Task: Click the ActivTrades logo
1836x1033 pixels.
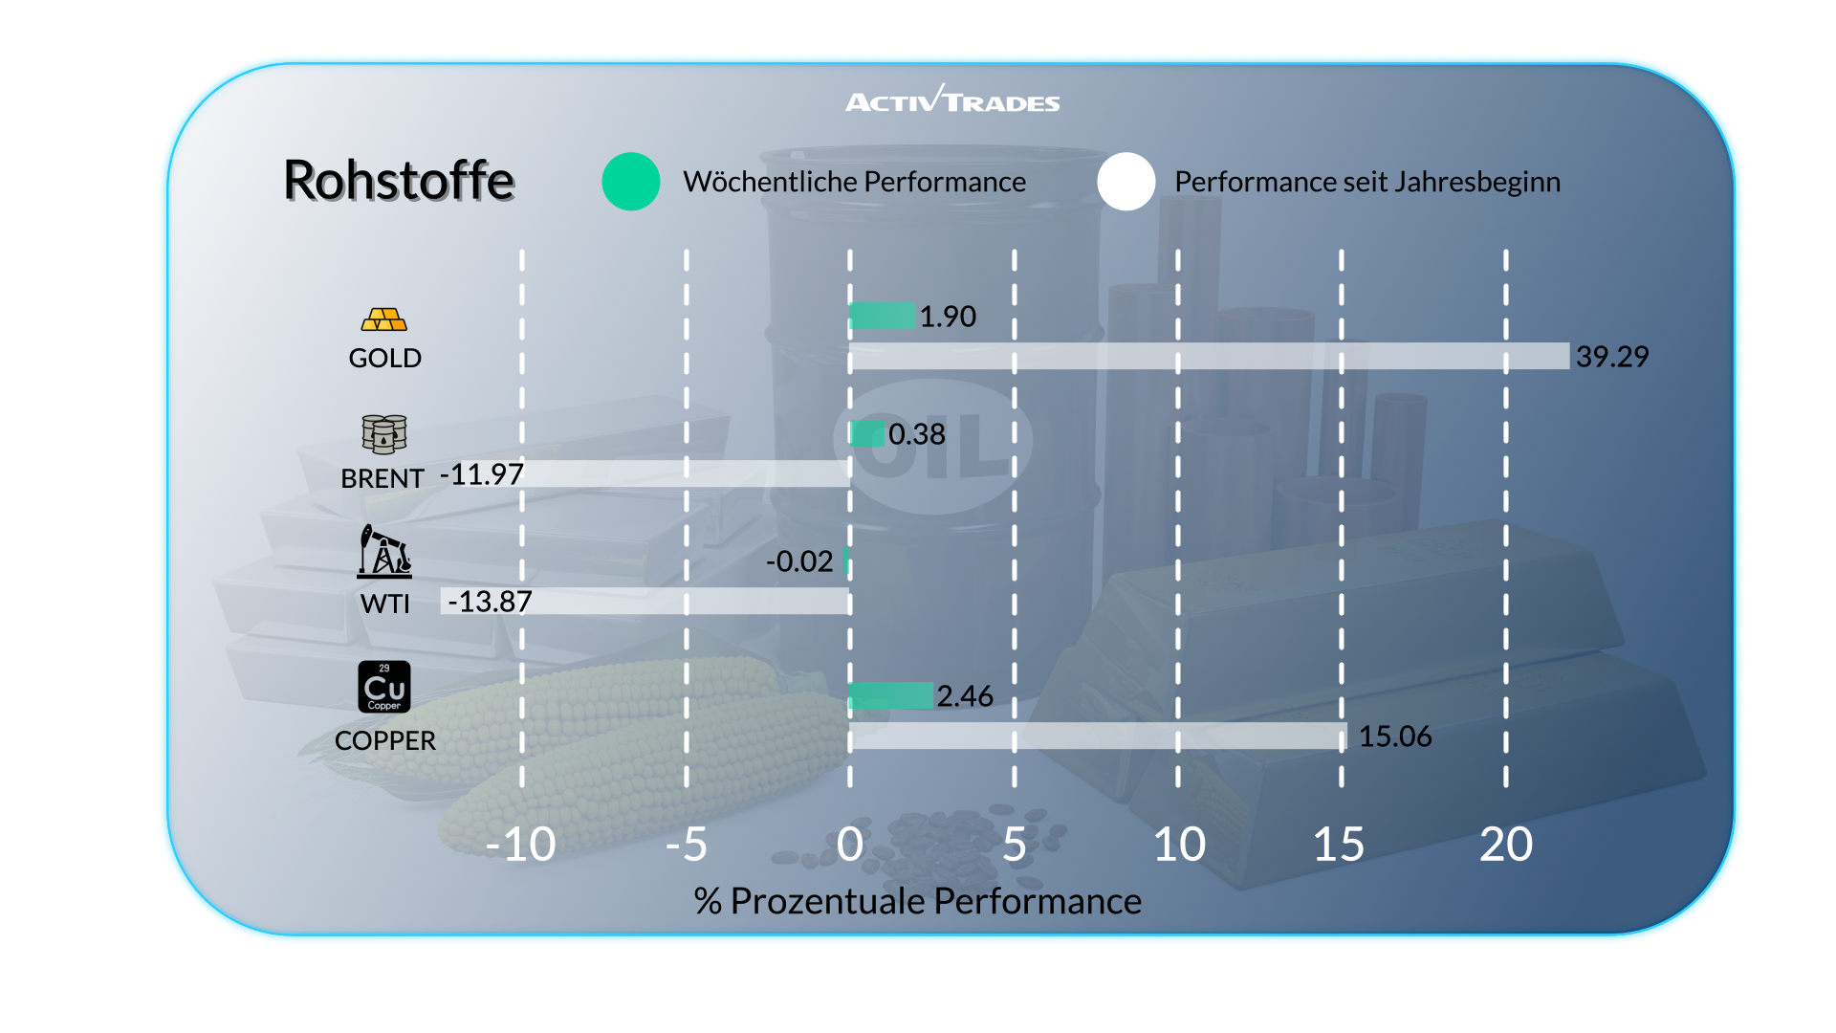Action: pos(952,99)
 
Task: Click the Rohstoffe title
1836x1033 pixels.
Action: pos(399,180)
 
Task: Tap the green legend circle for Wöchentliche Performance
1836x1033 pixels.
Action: pos(631,182)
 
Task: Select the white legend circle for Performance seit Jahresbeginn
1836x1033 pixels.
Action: pos(1126,182)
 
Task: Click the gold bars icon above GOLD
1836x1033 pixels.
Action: pos(384,319)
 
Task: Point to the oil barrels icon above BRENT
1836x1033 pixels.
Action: pos(384,434)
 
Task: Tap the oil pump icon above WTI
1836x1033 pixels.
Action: pos(384,551)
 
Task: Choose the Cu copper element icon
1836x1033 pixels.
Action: pos(384,687)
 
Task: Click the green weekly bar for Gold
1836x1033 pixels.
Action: pos(882,316)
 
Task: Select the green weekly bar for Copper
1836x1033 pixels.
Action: pos(891,695)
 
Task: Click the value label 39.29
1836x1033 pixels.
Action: pos(1612,357)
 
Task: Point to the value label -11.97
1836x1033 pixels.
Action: pos(482,474)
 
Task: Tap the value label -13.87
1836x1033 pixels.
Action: pos(490,602)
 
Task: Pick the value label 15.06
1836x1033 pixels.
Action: pos(1395,736)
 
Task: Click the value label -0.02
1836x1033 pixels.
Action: pos(799,561)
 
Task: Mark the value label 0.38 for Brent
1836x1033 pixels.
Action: pos(916,434)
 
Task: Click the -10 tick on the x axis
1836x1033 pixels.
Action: pos(520,845)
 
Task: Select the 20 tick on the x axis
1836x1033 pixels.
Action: pos(1506,845)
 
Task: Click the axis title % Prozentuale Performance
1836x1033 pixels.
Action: pos(917,901)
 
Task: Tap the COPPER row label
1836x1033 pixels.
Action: pos(384,740)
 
